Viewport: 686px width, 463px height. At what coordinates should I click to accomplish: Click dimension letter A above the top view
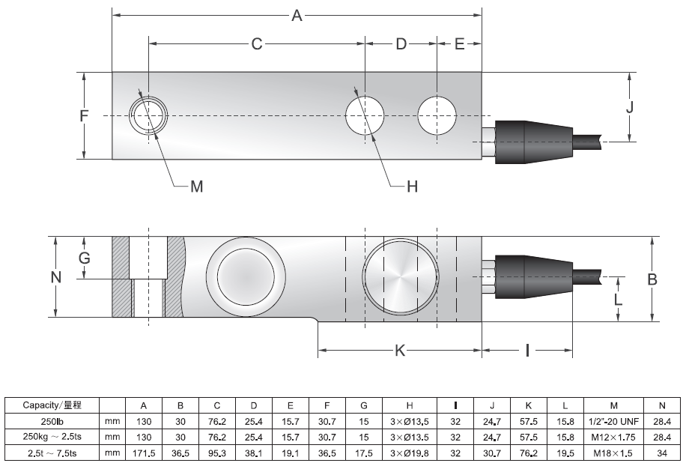[x=297, y=16]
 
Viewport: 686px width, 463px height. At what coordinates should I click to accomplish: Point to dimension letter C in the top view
[x=257, y=43]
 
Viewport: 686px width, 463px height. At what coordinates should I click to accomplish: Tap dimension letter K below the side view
[x=400, y=351]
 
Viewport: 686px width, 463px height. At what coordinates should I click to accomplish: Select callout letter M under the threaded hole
[x=197, y=187]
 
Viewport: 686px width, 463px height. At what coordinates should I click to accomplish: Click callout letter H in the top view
[x=412, y=187]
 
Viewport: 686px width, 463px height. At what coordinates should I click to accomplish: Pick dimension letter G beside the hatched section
[x=85, y=258]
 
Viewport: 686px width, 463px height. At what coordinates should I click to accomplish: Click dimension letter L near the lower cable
[x=618, y=300]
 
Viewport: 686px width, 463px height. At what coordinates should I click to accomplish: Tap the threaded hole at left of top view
[x=148, y=115]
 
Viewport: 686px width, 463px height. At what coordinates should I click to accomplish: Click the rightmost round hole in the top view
[x=437, y=115]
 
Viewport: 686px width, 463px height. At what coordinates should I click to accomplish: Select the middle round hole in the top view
[x=365, y=115]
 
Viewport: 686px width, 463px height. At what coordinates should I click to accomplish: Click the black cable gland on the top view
[x=534, y=142]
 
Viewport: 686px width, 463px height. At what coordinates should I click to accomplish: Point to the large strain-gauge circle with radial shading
[x=401, y=276]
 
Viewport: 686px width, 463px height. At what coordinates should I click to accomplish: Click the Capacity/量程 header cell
[x=52, y=405]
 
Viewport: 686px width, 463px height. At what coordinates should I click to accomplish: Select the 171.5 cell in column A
[x=144, y=453]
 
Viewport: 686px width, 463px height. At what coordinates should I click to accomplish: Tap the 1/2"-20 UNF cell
[x=613, y=422]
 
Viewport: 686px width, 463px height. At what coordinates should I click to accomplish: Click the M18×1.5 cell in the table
[x=613, y=453]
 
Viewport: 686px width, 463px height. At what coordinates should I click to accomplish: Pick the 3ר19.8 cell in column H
[x=409, y=453]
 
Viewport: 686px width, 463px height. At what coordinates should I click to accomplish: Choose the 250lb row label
[x=52, y=422]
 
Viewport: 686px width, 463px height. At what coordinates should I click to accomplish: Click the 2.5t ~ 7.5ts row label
[x=52, y=453]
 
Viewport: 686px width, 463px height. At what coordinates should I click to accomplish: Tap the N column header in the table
[x=661, y=405]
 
